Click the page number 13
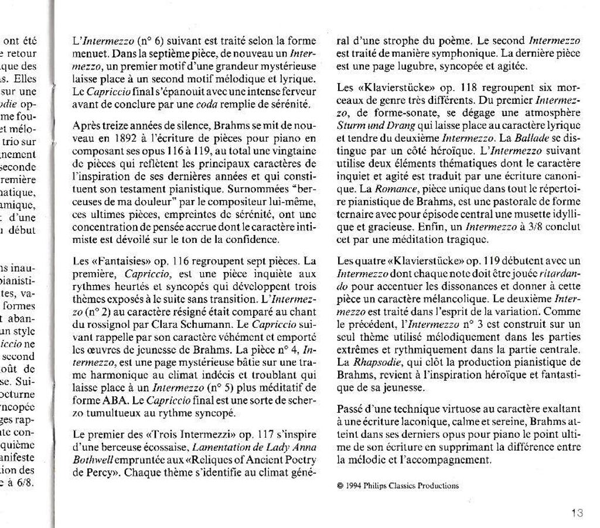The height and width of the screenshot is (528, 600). click(x=577, y=513)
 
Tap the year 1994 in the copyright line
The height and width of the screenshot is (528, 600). click(x=353, y=485)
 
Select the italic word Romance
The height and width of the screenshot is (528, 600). click(x=391, y=190)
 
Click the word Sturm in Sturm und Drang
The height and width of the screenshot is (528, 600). click(x=350, y=125)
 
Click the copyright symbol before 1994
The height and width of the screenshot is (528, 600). click(x=341, y=485)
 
